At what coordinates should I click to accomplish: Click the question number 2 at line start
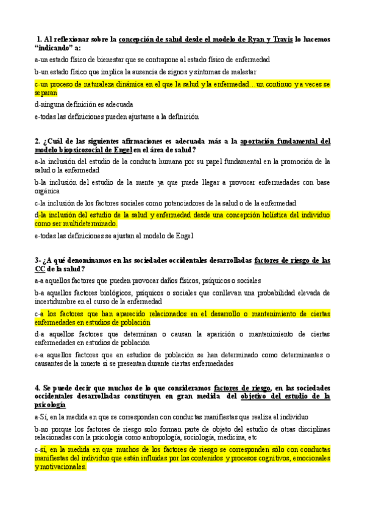pyautogui.click(x=37, y=141)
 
